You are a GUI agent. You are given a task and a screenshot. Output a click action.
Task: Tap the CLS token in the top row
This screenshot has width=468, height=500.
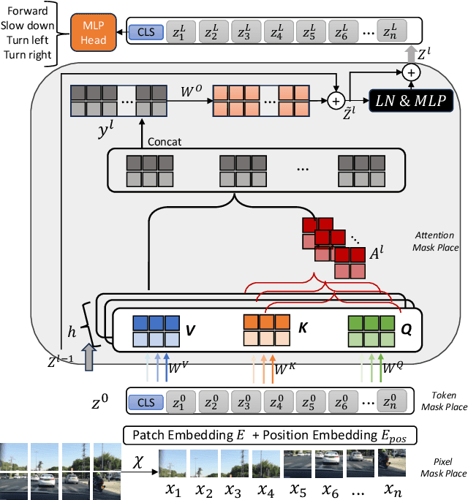[145, 32]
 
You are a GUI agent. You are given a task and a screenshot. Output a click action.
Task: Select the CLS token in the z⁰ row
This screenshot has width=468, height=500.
[145, 402]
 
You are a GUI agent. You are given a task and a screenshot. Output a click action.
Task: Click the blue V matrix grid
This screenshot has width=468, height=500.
[156, 330]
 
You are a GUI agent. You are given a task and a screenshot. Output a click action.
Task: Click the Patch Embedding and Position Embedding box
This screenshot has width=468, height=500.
[271, 436]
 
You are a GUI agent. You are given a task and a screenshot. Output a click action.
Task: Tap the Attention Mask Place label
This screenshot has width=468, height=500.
[436, 242]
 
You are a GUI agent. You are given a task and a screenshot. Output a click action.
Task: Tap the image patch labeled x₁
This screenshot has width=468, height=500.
[172, 463]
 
